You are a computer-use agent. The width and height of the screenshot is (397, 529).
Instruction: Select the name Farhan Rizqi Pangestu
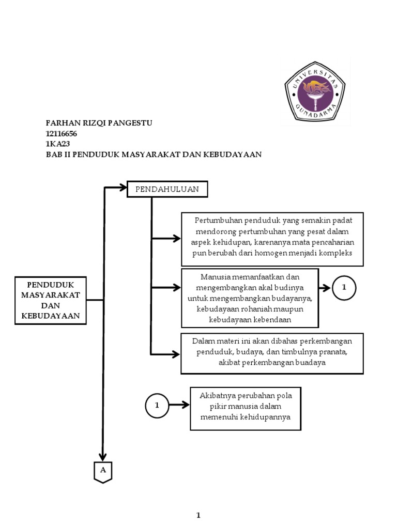[x=100, y=123]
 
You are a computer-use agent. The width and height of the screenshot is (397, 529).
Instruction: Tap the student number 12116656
[x=62, y=134]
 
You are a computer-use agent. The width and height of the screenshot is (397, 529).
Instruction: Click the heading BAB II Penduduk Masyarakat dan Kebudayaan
[x=154, y=154]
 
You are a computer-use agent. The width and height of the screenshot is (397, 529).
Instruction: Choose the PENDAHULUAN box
[x=167, y=190]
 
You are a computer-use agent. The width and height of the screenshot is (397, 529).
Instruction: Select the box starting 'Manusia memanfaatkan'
[x=250, y=298]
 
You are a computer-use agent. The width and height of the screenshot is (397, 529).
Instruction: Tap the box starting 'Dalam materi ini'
[x=272, y=353]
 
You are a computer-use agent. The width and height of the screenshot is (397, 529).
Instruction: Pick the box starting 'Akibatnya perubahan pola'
[x=246, y=408]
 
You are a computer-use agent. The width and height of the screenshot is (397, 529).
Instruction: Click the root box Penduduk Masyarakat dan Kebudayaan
[x=51, y=300]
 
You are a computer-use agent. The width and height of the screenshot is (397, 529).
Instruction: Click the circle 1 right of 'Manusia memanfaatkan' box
[x=344, y=288]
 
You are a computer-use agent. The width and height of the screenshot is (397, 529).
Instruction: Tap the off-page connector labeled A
[x=103, y=471]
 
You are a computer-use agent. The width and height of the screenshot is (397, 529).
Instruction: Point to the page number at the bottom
[x=198, y=515]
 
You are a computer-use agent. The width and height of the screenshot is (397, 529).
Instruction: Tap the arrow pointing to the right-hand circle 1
[x=325, y=288]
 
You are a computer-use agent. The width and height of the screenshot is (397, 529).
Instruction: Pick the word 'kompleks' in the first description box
[x=335, y=253]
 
